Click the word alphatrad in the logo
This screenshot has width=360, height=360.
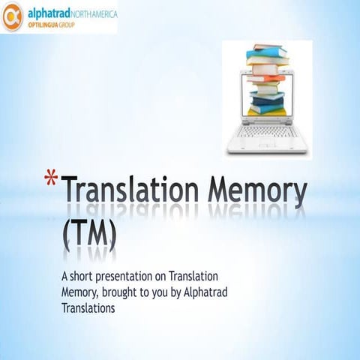coord(49,13)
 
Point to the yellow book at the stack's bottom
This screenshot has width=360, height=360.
coord(268,112)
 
